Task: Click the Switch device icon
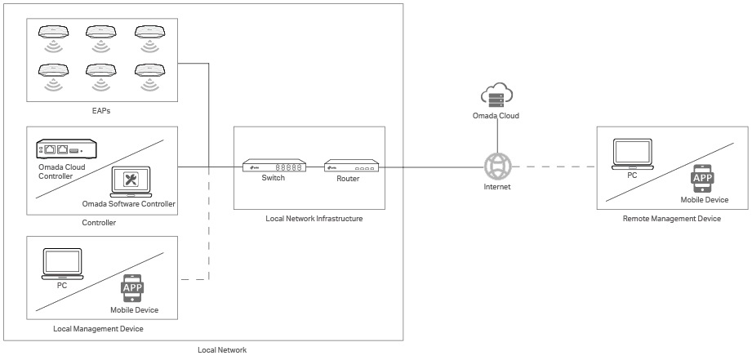(x=274, y=166)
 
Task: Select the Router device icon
(x=351, y=167)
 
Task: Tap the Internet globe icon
(x=496, y=167)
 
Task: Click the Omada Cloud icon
(x=496, y=96)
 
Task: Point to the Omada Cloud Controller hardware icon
(x=67, y=149)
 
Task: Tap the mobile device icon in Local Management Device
(x=132, y=288)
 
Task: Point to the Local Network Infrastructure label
(x=314, y=219)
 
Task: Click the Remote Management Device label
(x=672, y=219)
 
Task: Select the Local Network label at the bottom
(x=222, y=350)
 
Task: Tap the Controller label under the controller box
(x=99, y=223)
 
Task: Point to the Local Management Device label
(x=98, y=328)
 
